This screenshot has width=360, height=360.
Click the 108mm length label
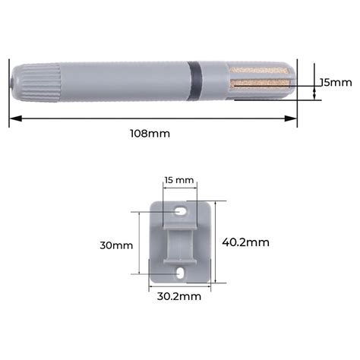pos(150,134)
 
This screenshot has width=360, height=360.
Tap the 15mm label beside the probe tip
pos(336,83)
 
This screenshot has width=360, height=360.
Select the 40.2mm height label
pos(245,242)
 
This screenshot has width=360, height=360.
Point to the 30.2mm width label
pos(179,296)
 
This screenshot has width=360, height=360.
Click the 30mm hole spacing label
pos(116,245)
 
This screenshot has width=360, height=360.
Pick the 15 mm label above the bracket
pos(179,180)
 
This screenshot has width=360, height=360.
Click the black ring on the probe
pos(194,81)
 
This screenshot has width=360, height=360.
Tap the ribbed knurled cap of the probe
pos(40,83)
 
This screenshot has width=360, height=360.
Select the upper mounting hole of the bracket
pos(180,211)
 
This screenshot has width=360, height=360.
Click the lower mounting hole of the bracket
pos(180,273)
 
